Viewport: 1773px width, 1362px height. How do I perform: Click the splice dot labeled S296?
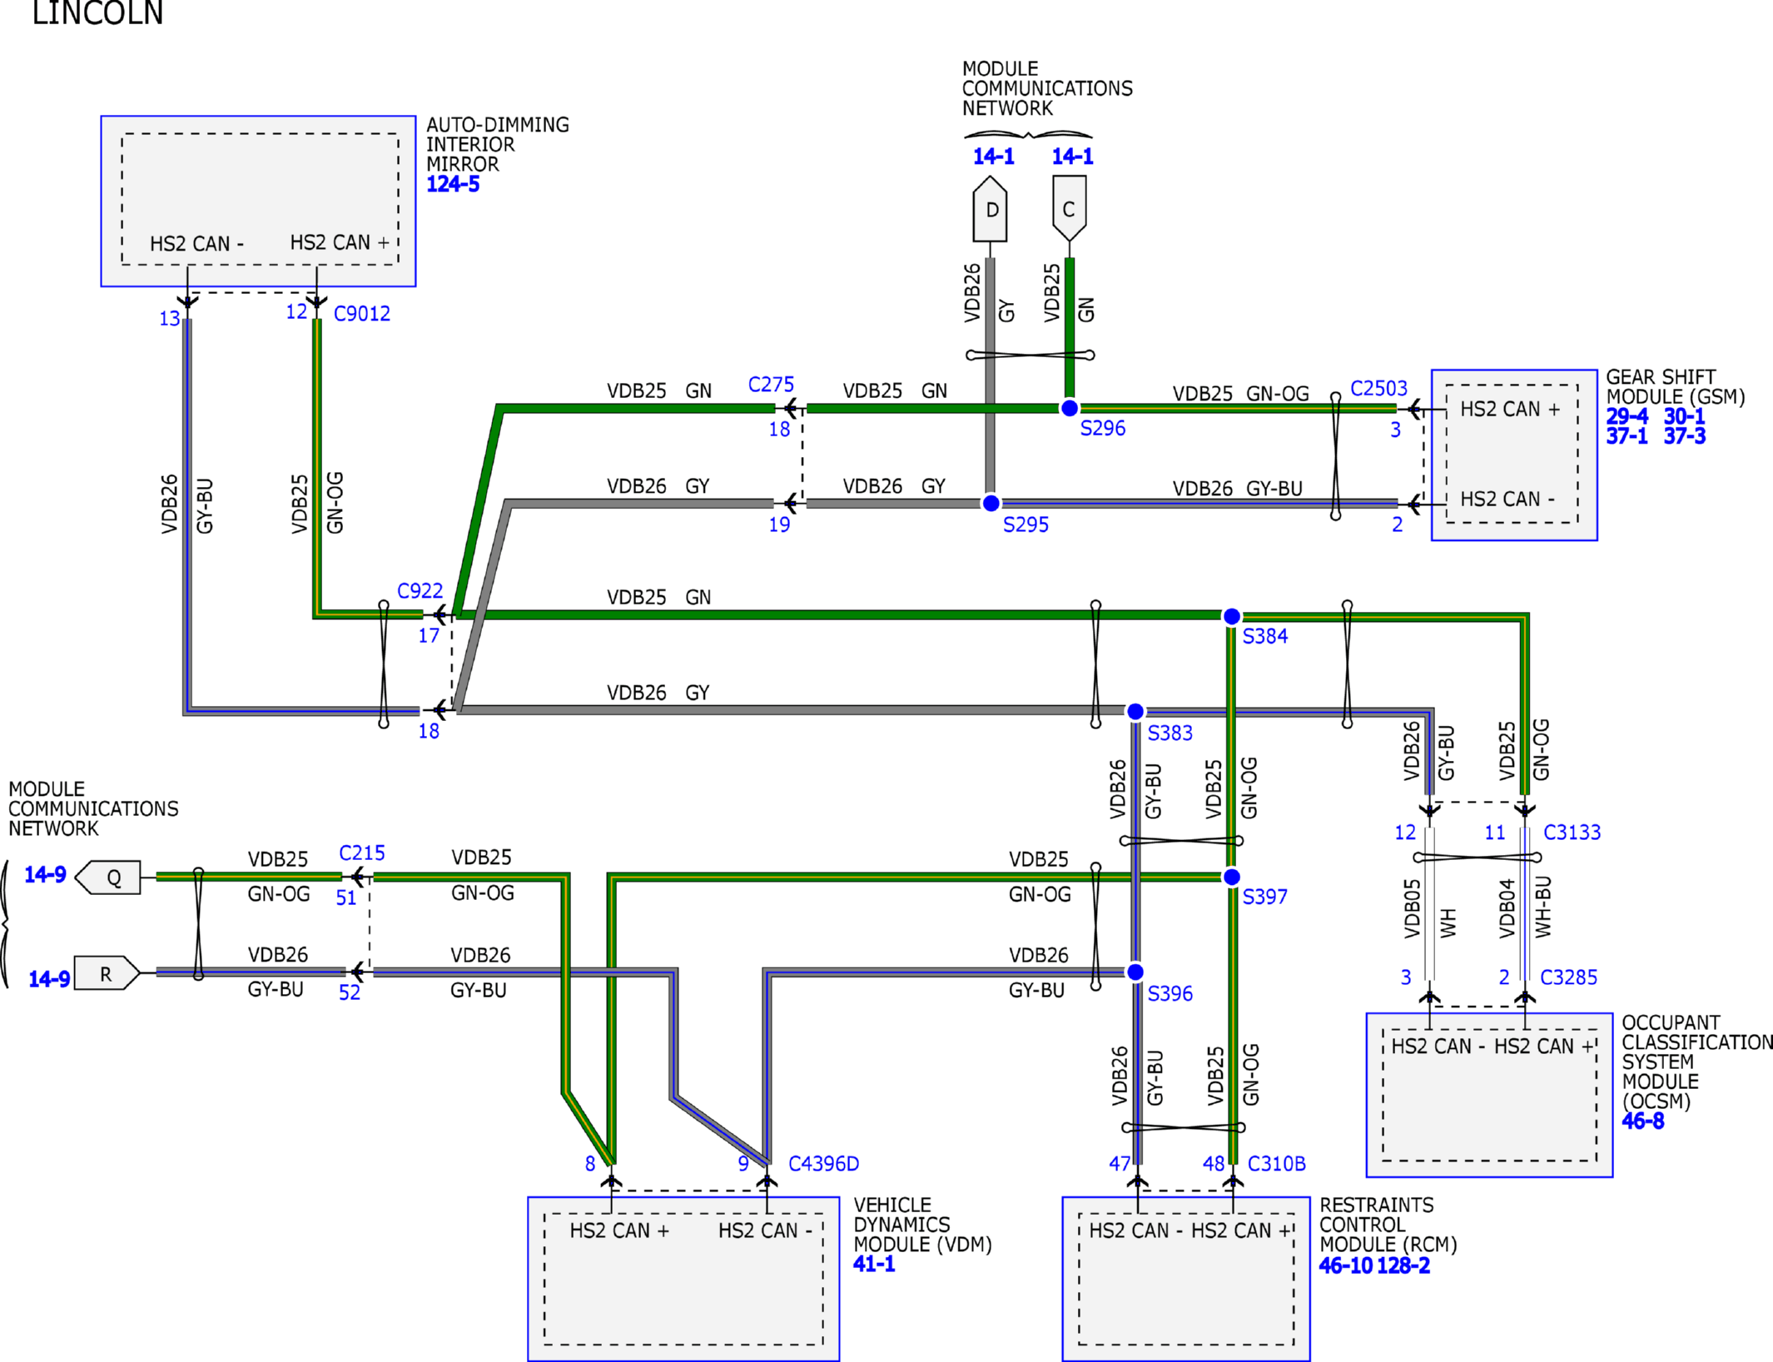[1070, 408]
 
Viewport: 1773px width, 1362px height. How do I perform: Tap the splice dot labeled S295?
[991, 503]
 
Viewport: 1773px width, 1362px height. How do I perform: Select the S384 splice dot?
[1232, 616]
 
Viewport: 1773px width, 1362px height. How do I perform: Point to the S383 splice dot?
[1135, 711]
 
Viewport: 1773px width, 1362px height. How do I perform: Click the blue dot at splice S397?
[1232, 877]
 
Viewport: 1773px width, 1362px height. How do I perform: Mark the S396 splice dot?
[1135, 972]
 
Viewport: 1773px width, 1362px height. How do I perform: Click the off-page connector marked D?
[991, 208]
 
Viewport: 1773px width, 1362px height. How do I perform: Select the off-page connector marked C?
[1070, 208]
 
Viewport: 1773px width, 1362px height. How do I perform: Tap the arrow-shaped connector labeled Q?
[108, 877]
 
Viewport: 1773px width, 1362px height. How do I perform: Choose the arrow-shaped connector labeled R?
[107, 972]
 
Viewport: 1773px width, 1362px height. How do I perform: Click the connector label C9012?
[362, 314]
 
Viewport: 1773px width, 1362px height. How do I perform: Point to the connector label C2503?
[1378, 389]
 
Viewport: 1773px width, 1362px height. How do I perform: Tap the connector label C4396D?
[823, 1164]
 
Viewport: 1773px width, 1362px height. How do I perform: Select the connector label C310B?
[1277, 1164]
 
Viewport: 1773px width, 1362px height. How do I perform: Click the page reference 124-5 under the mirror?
[453, 184]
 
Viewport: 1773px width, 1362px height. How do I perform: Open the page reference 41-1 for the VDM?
[874, 1264]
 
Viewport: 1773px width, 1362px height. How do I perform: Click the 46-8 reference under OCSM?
[1643, 1121]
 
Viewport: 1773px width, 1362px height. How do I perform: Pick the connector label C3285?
[1569, 977]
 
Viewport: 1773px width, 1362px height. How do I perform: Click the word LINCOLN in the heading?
[97, 12]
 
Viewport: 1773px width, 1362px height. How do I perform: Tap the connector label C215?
[362, 853]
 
